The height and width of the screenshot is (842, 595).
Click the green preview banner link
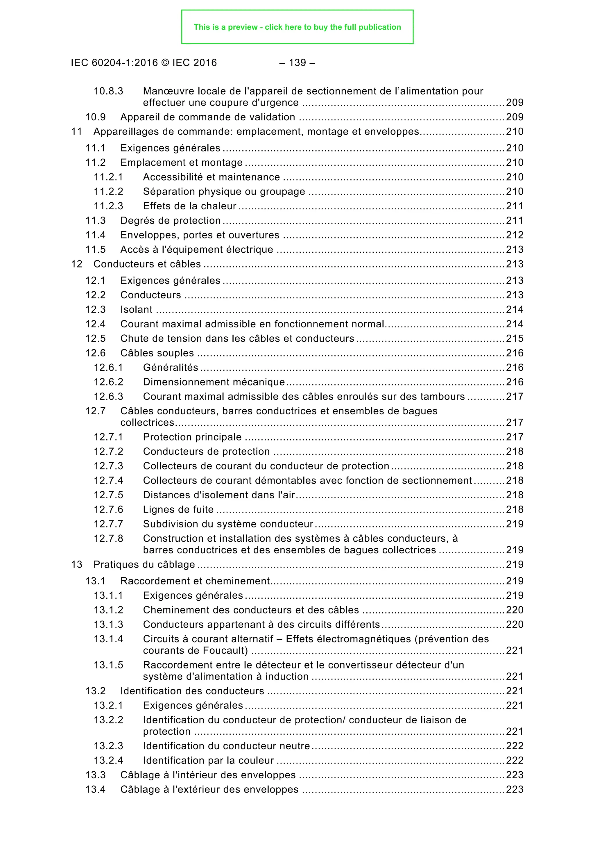[x=297, y=27]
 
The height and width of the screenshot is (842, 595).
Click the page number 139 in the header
[x=297, y=63]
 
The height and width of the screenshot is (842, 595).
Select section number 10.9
[x=95, y=117]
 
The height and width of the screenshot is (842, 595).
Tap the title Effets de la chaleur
[x=189, y=206]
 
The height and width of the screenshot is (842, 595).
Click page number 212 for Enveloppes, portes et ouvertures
[x=515, y=235]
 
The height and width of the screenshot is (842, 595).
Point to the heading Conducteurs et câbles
[x=147, y=264]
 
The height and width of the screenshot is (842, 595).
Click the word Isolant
[x=136, y=310]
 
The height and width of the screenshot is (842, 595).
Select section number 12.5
[x=95, y=338]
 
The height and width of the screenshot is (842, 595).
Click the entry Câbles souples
[x=157, y=353]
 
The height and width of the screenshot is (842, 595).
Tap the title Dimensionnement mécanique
[x=214, y=382]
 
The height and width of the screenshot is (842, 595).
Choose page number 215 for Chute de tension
[x=515, y=338]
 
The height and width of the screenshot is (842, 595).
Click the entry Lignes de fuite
[x=178, y=510]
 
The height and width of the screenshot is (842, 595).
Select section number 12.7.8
[x=108, y=539]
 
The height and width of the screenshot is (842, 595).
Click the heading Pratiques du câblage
[x=144, y=565]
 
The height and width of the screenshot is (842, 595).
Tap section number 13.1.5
[x=108, y=665]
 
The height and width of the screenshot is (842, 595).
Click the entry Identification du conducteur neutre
[x=226, y=746]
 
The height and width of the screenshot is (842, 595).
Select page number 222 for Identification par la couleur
[x=515, y=761]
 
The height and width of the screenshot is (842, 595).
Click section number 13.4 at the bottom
[x=95, y=790]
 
